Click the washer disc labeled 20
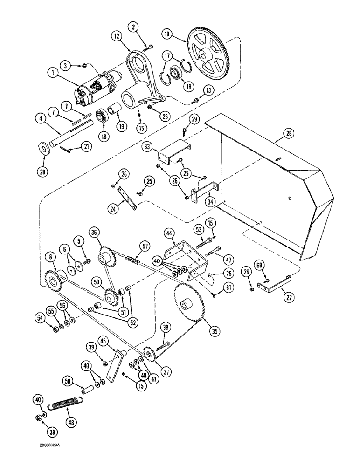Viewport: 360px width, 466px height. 45,149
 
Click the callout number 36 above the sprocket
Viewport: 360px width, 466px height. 95,232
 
